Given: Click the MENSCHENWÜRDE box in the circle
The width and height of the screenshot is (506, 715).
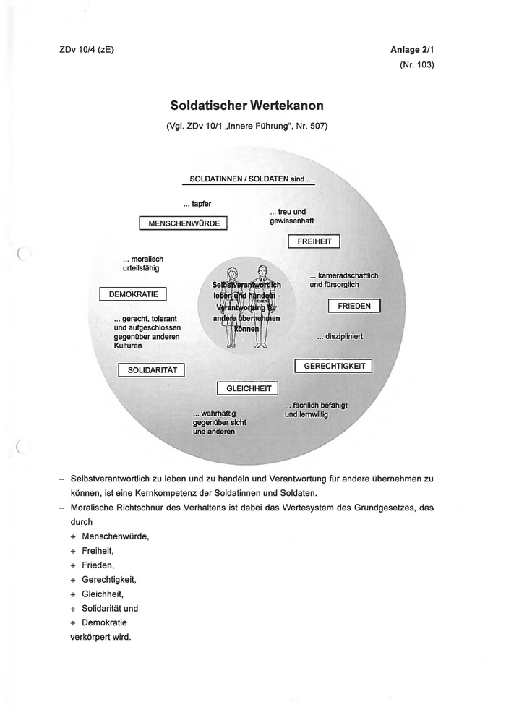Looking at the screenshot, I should pyautogui.click(x=184, y=223).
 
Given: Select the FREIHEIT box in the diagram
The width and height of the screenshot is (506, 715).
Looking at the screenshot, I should pyautogui.click(x=314, y=241).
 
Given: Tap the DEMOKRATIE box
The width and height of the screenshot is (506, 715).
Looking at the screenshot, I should pyautogui.click(x=133, y=294).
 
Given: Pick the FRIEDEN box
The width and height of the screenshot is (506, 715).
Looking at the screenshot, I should pyautogui.click(x=353, y=306).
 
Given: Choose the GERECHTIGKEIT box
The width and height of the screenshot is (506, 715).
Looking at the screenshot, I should pyautogui.click(x=333, y=366).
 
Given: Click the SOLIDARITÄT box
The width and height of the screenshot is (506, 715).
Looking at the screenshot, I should pyautogui.click(x=152, y=370).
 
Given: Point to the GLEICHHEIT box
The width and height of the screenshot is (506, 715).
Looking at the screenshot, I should pyautogui.click(x=247, y=388).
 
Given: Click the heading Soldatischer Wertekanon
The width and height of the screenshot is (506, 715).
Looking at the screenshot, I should pyautogui.click(x=246, y=106).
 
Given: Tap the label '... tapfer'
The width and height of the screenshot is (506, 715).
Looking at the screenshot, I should pyautogui.click(x=197, y=204).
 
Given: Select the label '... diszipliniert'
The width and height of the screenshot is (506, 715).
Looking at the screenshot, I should pyautogui.click(x=339, y=336).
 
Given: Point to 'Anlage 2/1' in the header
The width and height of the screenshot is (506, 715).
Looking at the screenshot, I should pyautogui.click(x=412, y=49).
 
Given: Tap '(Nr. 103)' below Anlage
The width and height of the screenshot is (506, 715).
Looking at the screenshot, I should pyautogui.click(x=416, y=64).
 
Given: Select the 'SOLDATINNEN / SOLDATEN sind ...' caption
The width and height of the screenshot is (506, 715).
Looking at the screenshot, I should pyautogui.click(x=250, y=179).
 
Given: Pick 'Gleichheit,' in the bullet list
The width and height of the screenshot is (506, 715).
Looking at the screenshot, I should pyautogui.click(x=106, y=594).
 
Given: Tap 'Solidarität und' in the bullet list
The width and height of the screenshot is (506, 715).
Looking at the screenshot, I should pyautogui.click(x=109, y=608).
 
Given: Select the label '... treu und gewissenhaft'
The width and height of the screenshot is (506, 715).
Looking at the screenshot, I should pyautogui.click(x=291, y=216).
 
